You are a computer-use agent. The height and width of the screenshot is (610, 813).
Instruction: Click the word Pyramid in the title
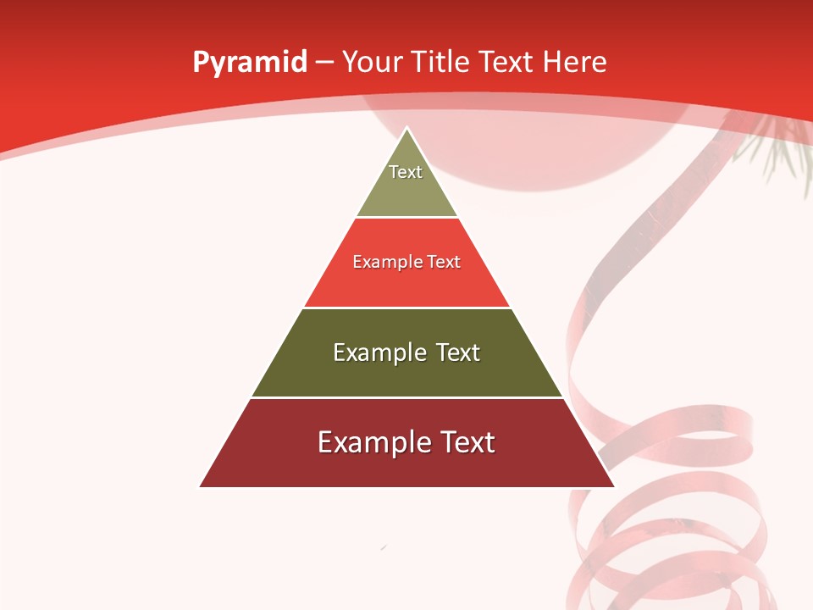[250, 63]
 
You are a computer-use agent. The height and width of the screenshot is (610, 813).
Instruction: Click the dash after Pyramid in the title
[324, 63]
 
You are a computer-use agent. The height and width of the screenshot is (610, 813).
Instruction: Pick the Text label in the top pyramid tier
[406, 172]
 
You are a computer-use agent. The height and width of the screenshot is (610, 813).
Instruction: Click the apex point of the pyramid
[407, 129]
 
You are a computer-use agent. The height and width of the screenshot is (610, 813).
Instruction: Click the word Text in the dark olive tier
[457, 352]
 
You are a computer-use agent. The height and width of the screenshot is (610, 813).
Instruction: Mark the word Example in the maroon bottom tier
[373, 442]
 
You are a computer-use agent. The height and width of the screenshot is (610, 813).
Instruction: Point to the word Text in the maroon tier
[467, 442]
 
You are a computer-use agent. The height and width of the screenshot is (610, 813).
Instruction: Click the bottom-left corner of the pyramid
[201, 486]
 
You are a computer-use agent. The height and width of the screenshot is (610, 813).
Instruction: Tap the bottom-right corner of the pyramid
[613, 486]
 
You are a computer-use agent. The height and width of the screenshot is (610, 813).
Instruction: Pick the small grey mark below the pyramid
[384, 547]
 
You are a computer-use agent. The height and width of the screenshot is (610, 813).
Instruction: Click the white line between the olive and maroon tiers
[406, 397]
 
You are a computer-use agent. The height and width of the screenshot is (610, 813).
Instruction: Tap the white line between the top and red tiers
[406, 217]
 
